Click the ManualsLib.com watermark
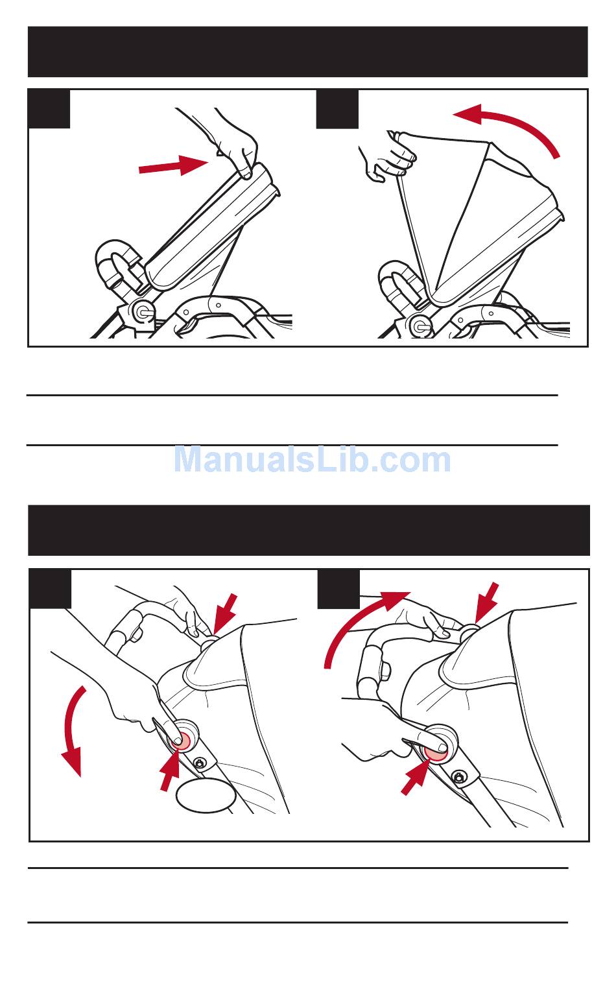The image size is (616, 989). point(312,460)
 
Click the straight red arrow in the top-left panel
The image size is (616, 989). point(174,165)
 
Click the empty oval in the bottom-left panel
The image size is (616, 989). point(206,795)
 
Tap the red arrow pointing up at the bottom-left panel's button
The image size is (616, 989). point(170,769)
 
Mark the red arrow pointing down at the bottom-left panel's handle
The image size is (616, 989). point(224,614)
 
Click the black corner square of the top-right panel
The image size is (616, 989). point(337,109)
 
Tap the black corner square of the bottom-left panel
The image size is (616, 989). point(50,589)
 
